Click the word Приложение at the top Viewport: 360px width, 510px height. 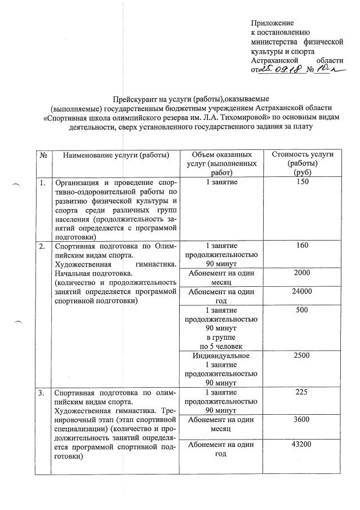[273, 23]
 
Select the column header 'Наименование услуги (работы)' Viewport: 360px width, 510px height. [116, 155]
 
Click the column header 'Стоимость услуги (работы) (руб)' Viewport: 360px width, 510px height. [303, 163]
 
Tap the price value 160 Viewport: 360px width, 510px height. [303, 246]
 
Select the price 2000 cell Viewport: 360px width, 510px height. [303, 272]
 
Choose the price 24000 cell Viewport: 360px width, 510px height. [303, 292]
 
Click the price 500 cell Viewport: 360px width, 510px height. [303, 311]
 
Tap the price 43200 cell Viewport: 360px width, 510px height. [303, 445]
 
